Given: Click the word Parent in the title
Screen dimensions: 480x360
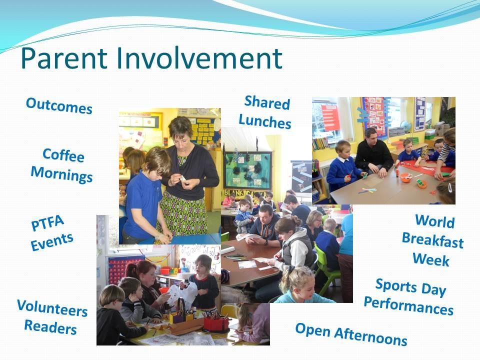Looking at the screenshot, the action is pos(64,58).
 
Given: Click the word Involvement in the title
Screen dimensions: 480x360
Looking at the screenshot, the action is pos(199,58).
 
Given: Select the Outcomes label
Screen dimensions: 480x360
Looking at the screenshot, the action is pos(59,105).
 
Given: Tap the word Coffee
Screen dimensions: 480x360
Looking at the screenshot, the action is pos(63,155).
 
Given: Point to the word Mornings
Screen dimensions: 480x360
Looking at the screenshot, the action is pos(61,174).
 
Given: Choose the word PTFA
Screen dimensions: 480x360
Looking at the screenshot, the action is pos(47,222).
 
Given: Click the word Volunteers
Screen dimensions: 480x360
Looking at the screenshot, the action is pos(52,308).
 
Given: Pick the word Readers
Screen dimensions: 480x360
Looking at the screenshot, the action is pos(50,327).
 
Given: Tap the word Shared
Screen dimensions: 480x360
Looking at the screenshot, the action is pos(267,102).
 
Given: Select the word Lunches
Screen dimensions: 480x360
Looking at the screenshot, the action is pos(265,121).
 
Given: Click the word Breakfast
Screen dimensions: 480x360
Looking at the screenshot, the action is pos(432,240).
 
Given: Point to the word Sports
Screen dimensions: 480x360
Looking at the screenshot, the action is pos(396,285).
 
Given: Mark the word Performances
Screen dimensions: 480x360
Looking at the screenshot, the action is pos(408,305).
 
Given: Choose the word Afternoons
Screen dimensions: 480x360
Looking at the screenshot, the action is pos(370,336).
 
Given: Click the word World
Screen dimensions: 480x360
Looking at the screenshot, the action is pos(434,221).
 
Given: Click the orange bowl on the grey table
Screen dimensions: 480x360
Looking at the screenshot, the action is pos(405,177).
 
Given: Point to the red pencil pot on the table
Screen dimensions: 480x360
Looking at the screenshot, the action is pos(216,324).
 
